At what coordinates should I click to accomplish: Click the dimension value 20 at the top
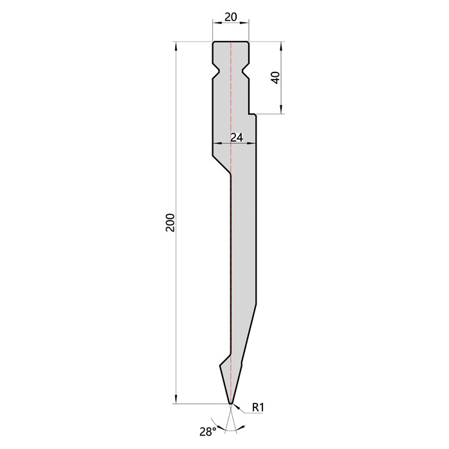[x=231, y=17]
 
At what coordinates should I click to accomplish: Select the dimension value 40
[x=276, y=78]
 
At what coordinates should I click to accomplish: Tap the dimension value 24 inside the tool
[x=237, y=138]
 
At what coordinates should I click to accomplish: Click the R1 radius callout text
[x=258, y=407]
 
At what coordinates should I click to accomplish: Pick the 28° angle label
[x=208, y=432]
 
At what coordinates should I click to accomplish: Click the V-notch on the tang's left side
[x=216, y=69]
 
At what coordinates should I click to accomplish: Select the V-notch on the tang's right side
[x=246, y=69]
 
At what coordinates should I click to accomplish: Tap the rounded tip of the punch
[x=231, y=403]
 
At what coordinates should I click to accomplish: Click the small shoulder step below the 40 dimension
[x=253, y=114]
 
